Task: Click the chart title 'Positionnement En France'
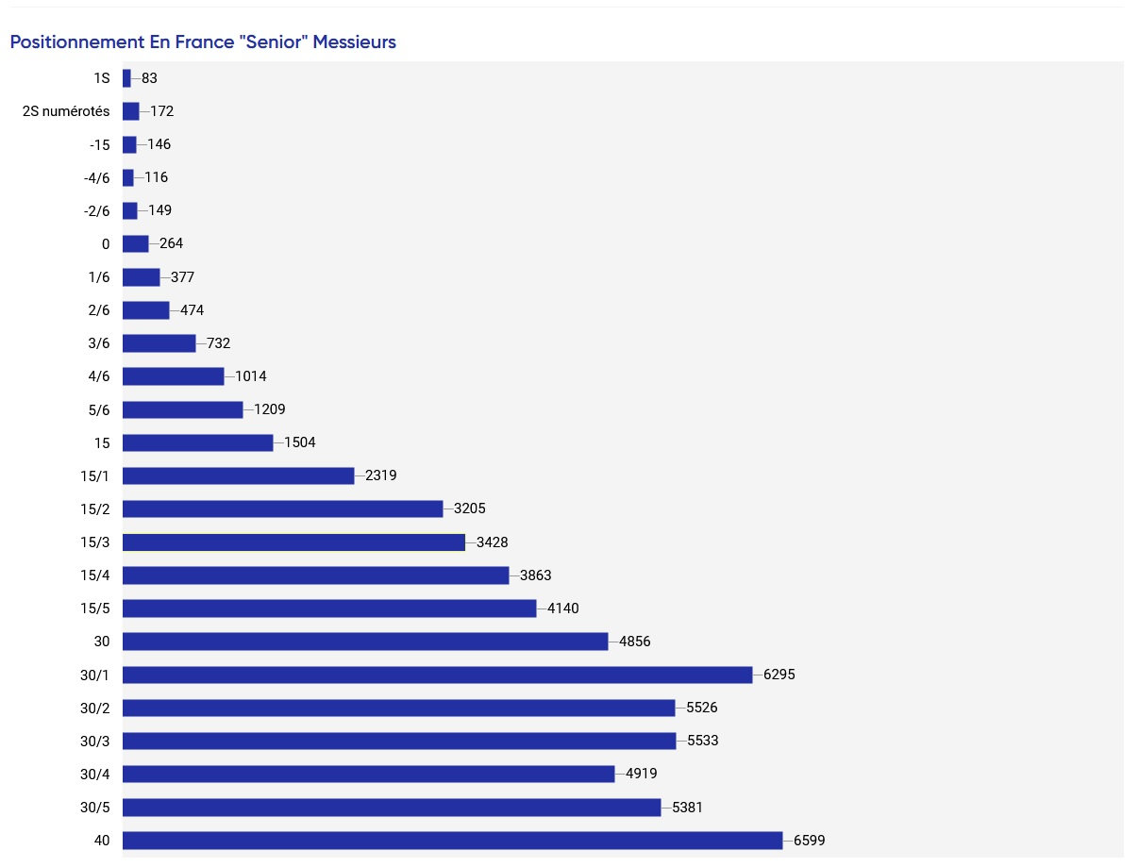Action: coord(123,42)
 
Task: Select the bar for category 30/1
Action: coord(438,675)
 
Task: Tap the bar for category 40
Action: coord(453,840)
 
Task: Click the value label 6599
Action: coord(809,840)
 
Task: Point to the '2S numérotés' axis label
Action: coord(66,111)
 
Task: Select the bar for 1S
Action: coord(126,78)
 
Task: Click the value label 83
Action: coord(149,78)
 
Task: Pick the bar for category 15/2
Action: coord(283,509)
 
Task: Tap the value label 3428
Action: coord(492,542)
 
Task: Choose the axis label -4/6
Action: coord(97,178)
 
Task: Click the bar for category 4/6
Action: coord(174,376)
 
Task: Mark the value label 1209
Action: coord(269,409)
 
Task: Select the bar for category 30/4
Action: coord(368,774)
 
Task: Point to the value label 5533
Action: coord(703,741)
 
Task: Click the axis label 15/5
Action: coord(95,609)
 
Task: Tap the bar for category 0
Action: coord(136,243)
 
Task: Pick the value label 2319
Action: coord(381,475)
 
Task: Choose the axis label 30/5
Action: coord(95,808)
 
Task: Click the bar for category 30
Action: coord(365,642)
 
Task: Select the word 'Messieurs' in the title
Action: coord(355,42)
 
